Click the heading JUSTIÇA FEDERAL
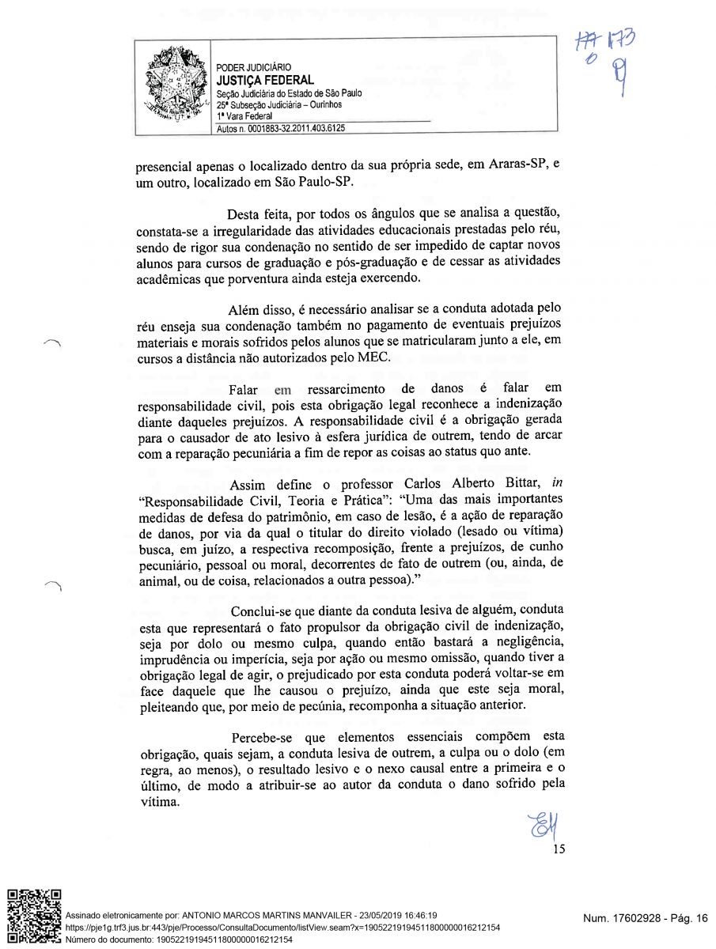click(x=265, y=80)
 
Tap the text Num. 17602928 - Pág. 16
click(x=645, y=917)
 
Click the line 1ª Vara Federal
click(x=244, y=116)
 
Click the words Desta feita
click(x=259, y=215)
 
